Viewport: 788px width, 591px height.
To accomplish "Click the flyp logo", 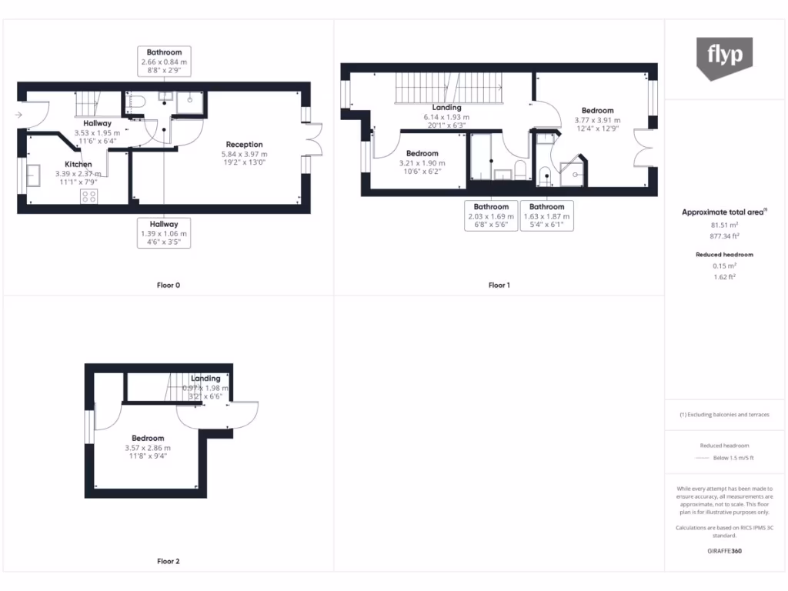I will pyautogui.click(x=724, y=58).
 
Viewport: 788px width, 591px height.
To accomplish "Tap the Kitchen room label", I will pyautogui.click(x=78, y=165).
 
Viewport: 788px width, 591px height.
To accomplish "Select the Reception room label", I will pyautogui.click(x=244, y=145).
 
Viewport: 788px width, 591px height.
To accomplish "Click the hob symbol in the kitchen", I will pyautogui.click(x=89, y=196).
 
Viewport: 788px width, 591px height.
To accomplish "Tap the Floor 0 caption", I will pyautogui.click(x=169, y=285).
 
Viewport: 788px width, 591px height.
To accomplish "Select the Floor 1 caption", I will pyautogui.click(x=499, y=285).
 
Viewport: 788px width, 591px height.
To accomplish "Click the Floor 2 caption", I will pyautogui.click(x=169, y=562).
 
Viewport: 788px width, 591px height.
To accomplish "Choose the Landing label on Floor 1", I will pyautogui.click(x=446, y=108).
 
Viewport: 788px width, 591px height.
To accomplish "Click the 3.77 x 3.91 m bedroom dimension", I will pyautogui.click(x=597, y=120).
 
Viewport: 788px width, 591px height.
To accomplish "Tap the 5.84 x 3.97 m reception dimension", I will pyautogui.click(x=244, y=154).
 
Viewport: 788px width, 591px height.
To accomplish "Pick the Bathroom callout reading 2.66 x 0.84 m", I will pyautogui.click(x=164, y=62).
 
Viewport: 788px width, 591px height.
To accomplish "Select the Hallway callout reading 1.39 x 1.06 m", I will pyautogui.click(x=164, y=233).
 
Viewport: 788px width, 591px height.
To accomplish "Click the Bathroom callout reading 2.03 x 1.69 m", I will pyautogui.click(x=491, y=216).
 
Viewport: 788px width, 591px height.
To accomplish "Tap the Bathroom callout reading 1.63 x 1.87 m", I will pyautogui.click(x=546, y=216).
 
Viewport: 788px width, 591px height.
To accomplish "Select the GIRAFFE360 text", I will pyautogui.click(x=724, y=551).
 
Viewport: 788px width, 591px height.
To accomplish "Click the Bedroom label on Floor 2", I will pyautogui.click(x=147, y=439).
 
